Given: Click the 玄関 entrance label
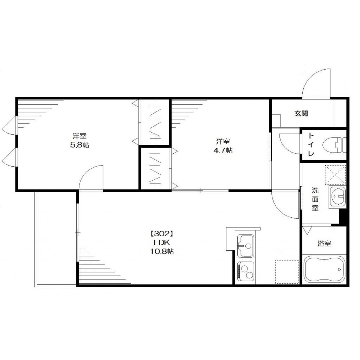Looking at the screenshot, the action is point(301,114).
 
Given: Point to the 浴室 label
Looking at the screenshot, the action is point(324,243).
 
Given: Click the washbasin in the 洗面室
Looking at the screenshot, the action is point(337,197).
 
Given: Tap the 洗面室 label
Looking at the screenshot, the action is point(315,199).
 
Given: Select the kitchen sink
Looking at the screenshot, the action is point(246,246).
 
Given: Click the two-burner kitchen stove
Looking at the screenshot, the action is point(246,272).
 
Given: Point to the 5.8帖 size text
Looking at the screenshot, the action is point(80,145).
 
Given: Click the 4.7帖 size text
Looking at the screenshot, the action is point(223,150).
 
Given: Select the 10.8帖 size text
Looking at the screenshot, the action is point(162,251).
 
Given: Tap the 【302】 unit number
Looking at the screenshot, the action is point(161,234).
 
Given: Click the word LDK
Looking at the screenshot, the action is point(162,243).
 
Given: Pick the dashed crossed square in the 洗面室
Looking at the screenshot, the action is point(335,175).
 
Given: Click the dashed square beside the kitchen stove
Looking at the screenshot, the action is point(287,272).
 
